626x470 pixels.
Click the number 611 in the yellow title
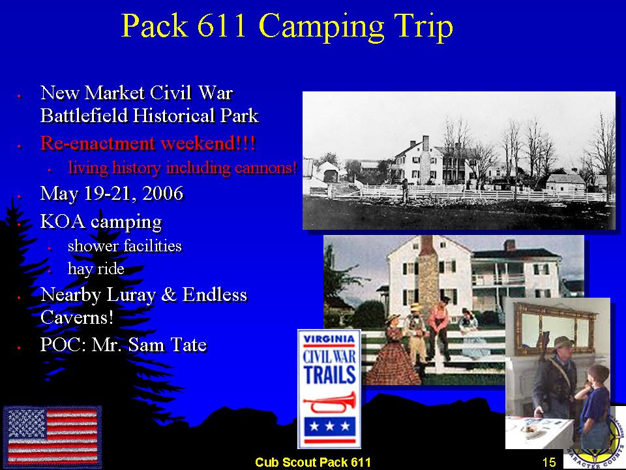(x=221, y=26)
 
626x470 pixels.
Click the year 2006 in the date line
(x=163, y=193)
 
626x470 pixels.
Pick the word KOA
(x=63, y=222)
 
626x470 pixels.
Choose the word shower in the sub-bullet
(x=93, y=246)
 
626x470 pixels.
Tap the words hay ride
(x=96, y=269)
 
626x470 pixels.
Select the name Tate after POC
(x=189, y=345)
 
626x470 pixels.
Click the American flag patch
(x=52, y=437)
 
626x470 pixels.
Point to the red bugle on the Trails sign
(x=329, y=403)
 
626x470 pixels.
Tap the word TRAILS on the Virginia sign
(x=329, y=375)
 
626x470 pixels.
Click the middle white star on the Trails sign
(x=330, y=427)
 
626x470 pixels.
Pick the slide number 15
(x=549, y=462)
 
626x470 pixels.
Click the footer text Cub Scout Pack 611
(x=313, y=462)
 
